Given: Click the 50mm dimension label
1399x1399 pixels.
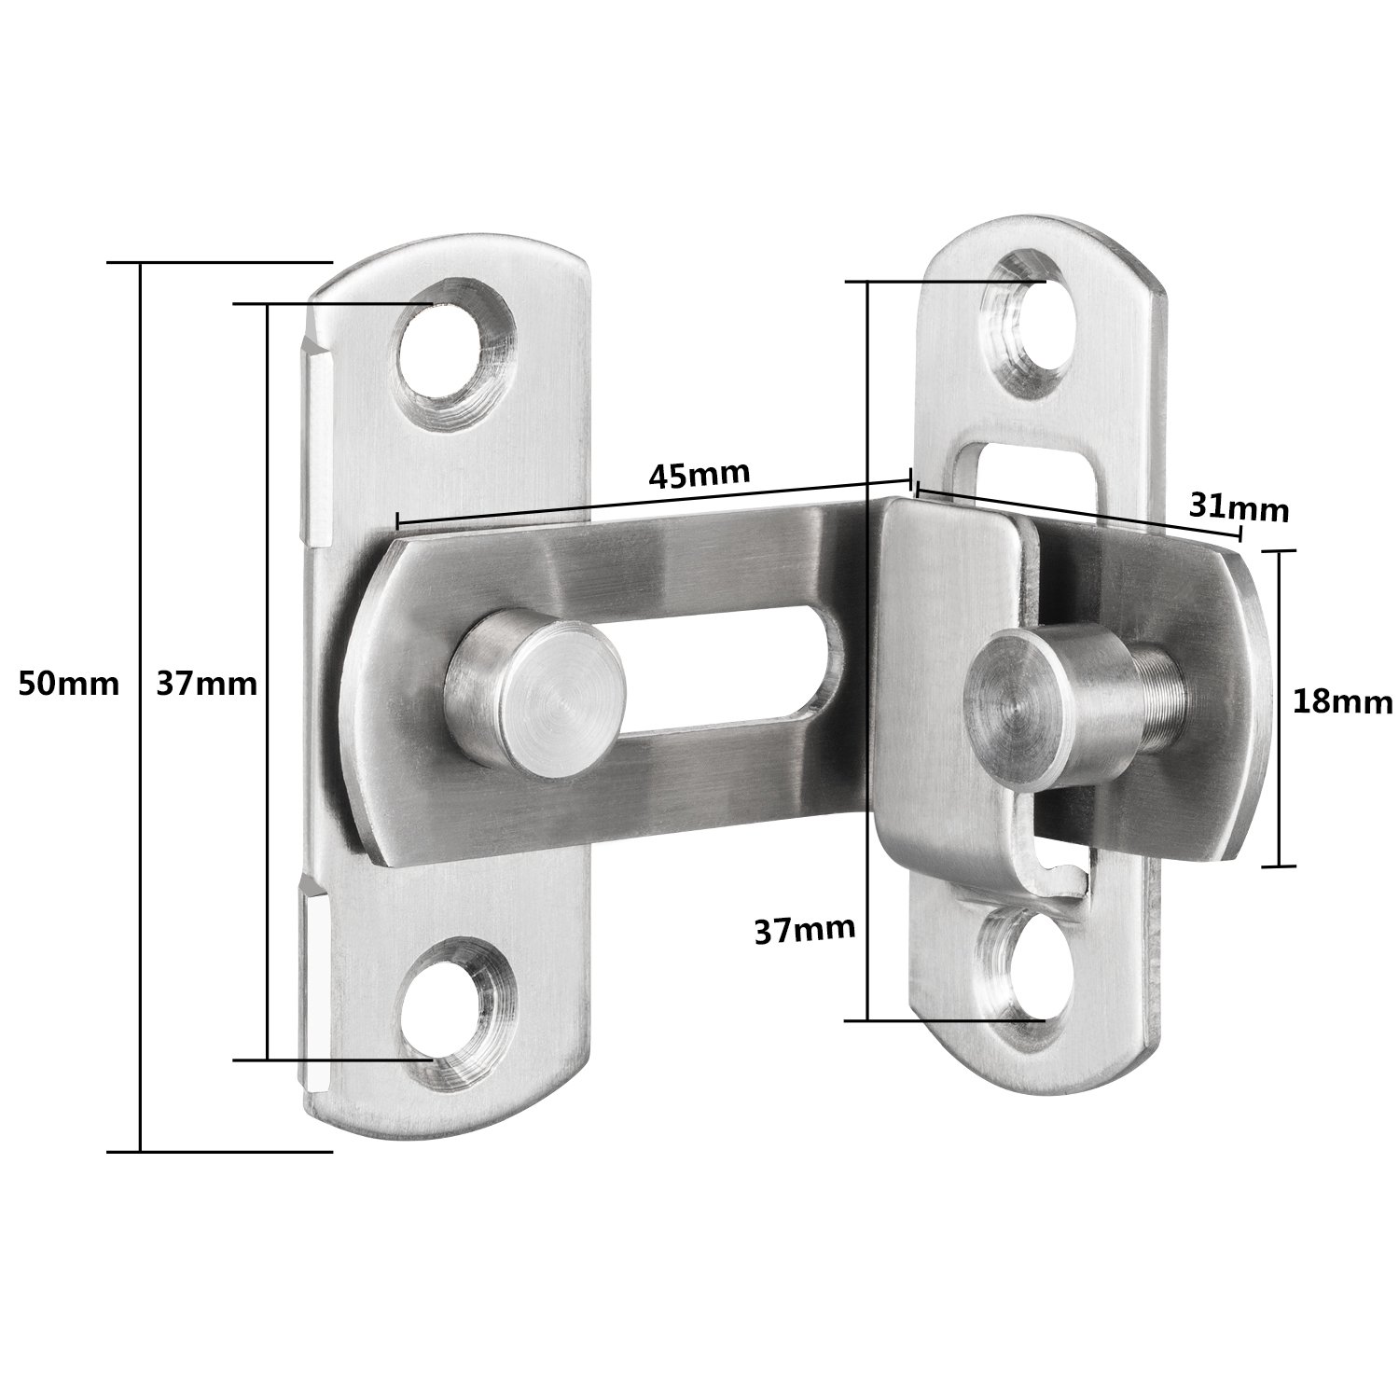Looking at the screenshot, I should (x=69, y=685).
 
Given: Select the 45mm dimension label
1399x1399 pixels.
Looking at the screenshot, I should (x=699, y=475).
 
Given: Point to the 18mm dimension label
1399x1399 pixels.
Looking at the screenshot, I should (x=1342, y=701).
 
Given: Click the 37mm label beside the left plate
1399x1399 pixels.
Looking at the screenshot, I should (x=207, y=685).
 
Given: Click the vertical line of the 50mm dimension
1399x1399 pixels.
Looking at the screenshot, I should (x=141, y=709).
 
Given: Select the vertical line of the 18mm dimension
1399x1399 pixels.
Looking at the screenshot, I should (x=1279, y=709).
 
